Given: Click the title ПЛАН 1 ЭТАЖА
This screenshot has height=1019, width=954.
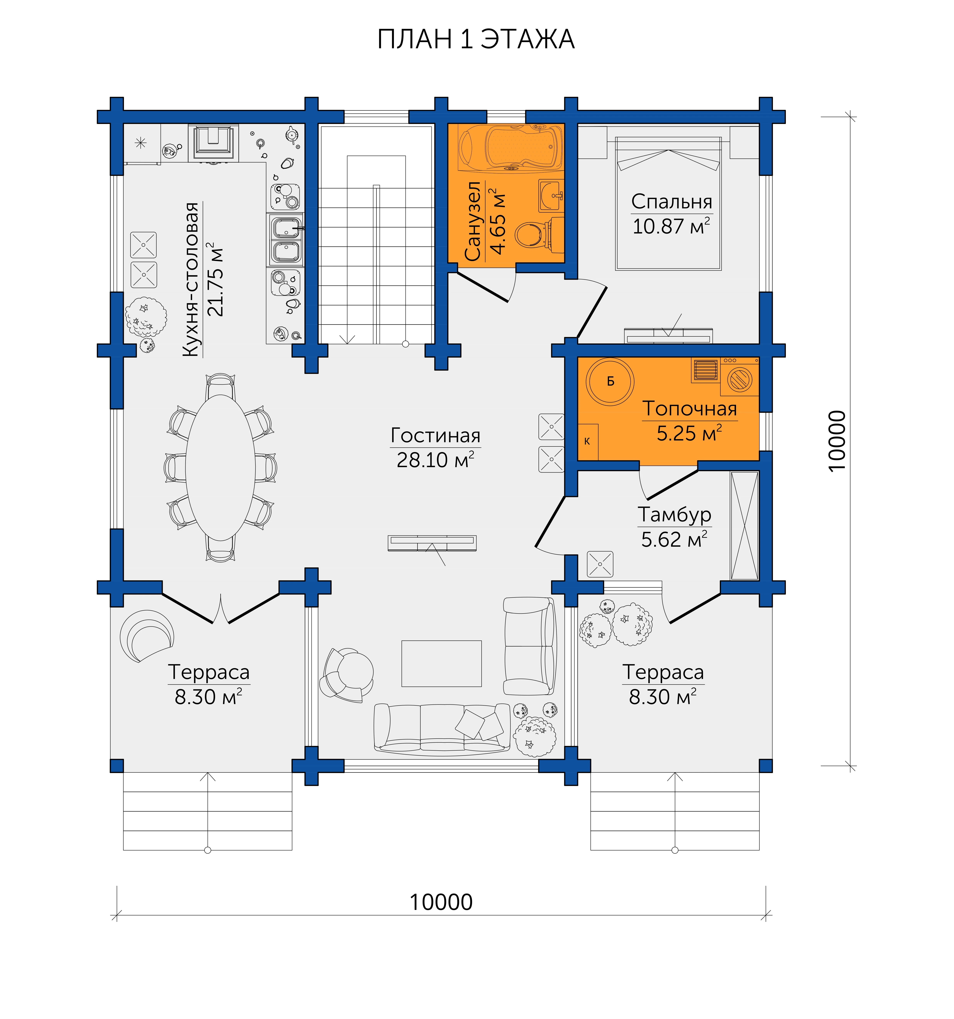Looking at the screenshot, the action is (x=476, y=39).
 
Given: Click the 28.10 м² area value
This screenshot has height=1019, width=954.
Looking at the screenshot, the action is (x=435, y=460).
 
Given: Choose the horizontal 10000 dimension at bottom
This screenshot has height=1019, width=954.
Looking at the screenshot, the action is (x=441, y=902).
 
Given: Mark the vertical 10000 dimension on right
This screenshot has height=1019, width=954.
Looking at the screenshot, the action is (x=837, y=441).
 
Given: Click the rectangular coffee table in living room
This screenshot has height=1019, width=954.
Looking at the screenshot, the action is (x=441, y=663).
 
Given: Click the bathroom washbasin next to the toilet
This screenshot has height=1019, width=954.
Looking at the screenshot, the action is (x=551, y=196).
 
